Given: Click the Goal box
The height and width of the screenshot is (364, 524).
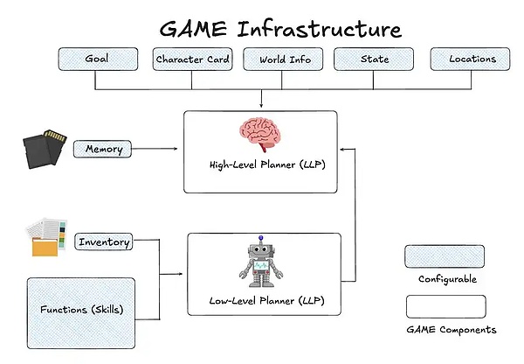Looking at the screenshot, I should [97, 59].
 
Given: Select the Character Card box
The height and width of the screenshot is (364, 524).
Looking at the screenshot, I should [192, 59].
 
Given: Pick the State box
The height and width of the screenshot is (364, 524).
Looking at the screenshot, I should [375, 59].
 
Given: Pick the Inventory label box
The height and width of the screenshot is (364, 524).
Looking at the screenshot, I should [104, 241].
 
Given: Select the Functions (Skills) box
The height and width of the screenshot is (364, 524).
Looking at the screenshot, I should [81, 311].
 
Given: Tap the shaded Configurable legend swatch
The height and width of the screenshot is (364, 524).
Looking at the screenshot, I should [445, 257].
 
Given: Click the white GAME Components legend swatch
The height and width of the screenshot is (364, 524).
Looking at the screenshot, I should [445, 306].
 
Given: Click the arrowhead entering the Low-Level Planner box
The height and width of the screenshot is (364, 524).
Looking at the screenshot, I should [182, 275].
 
